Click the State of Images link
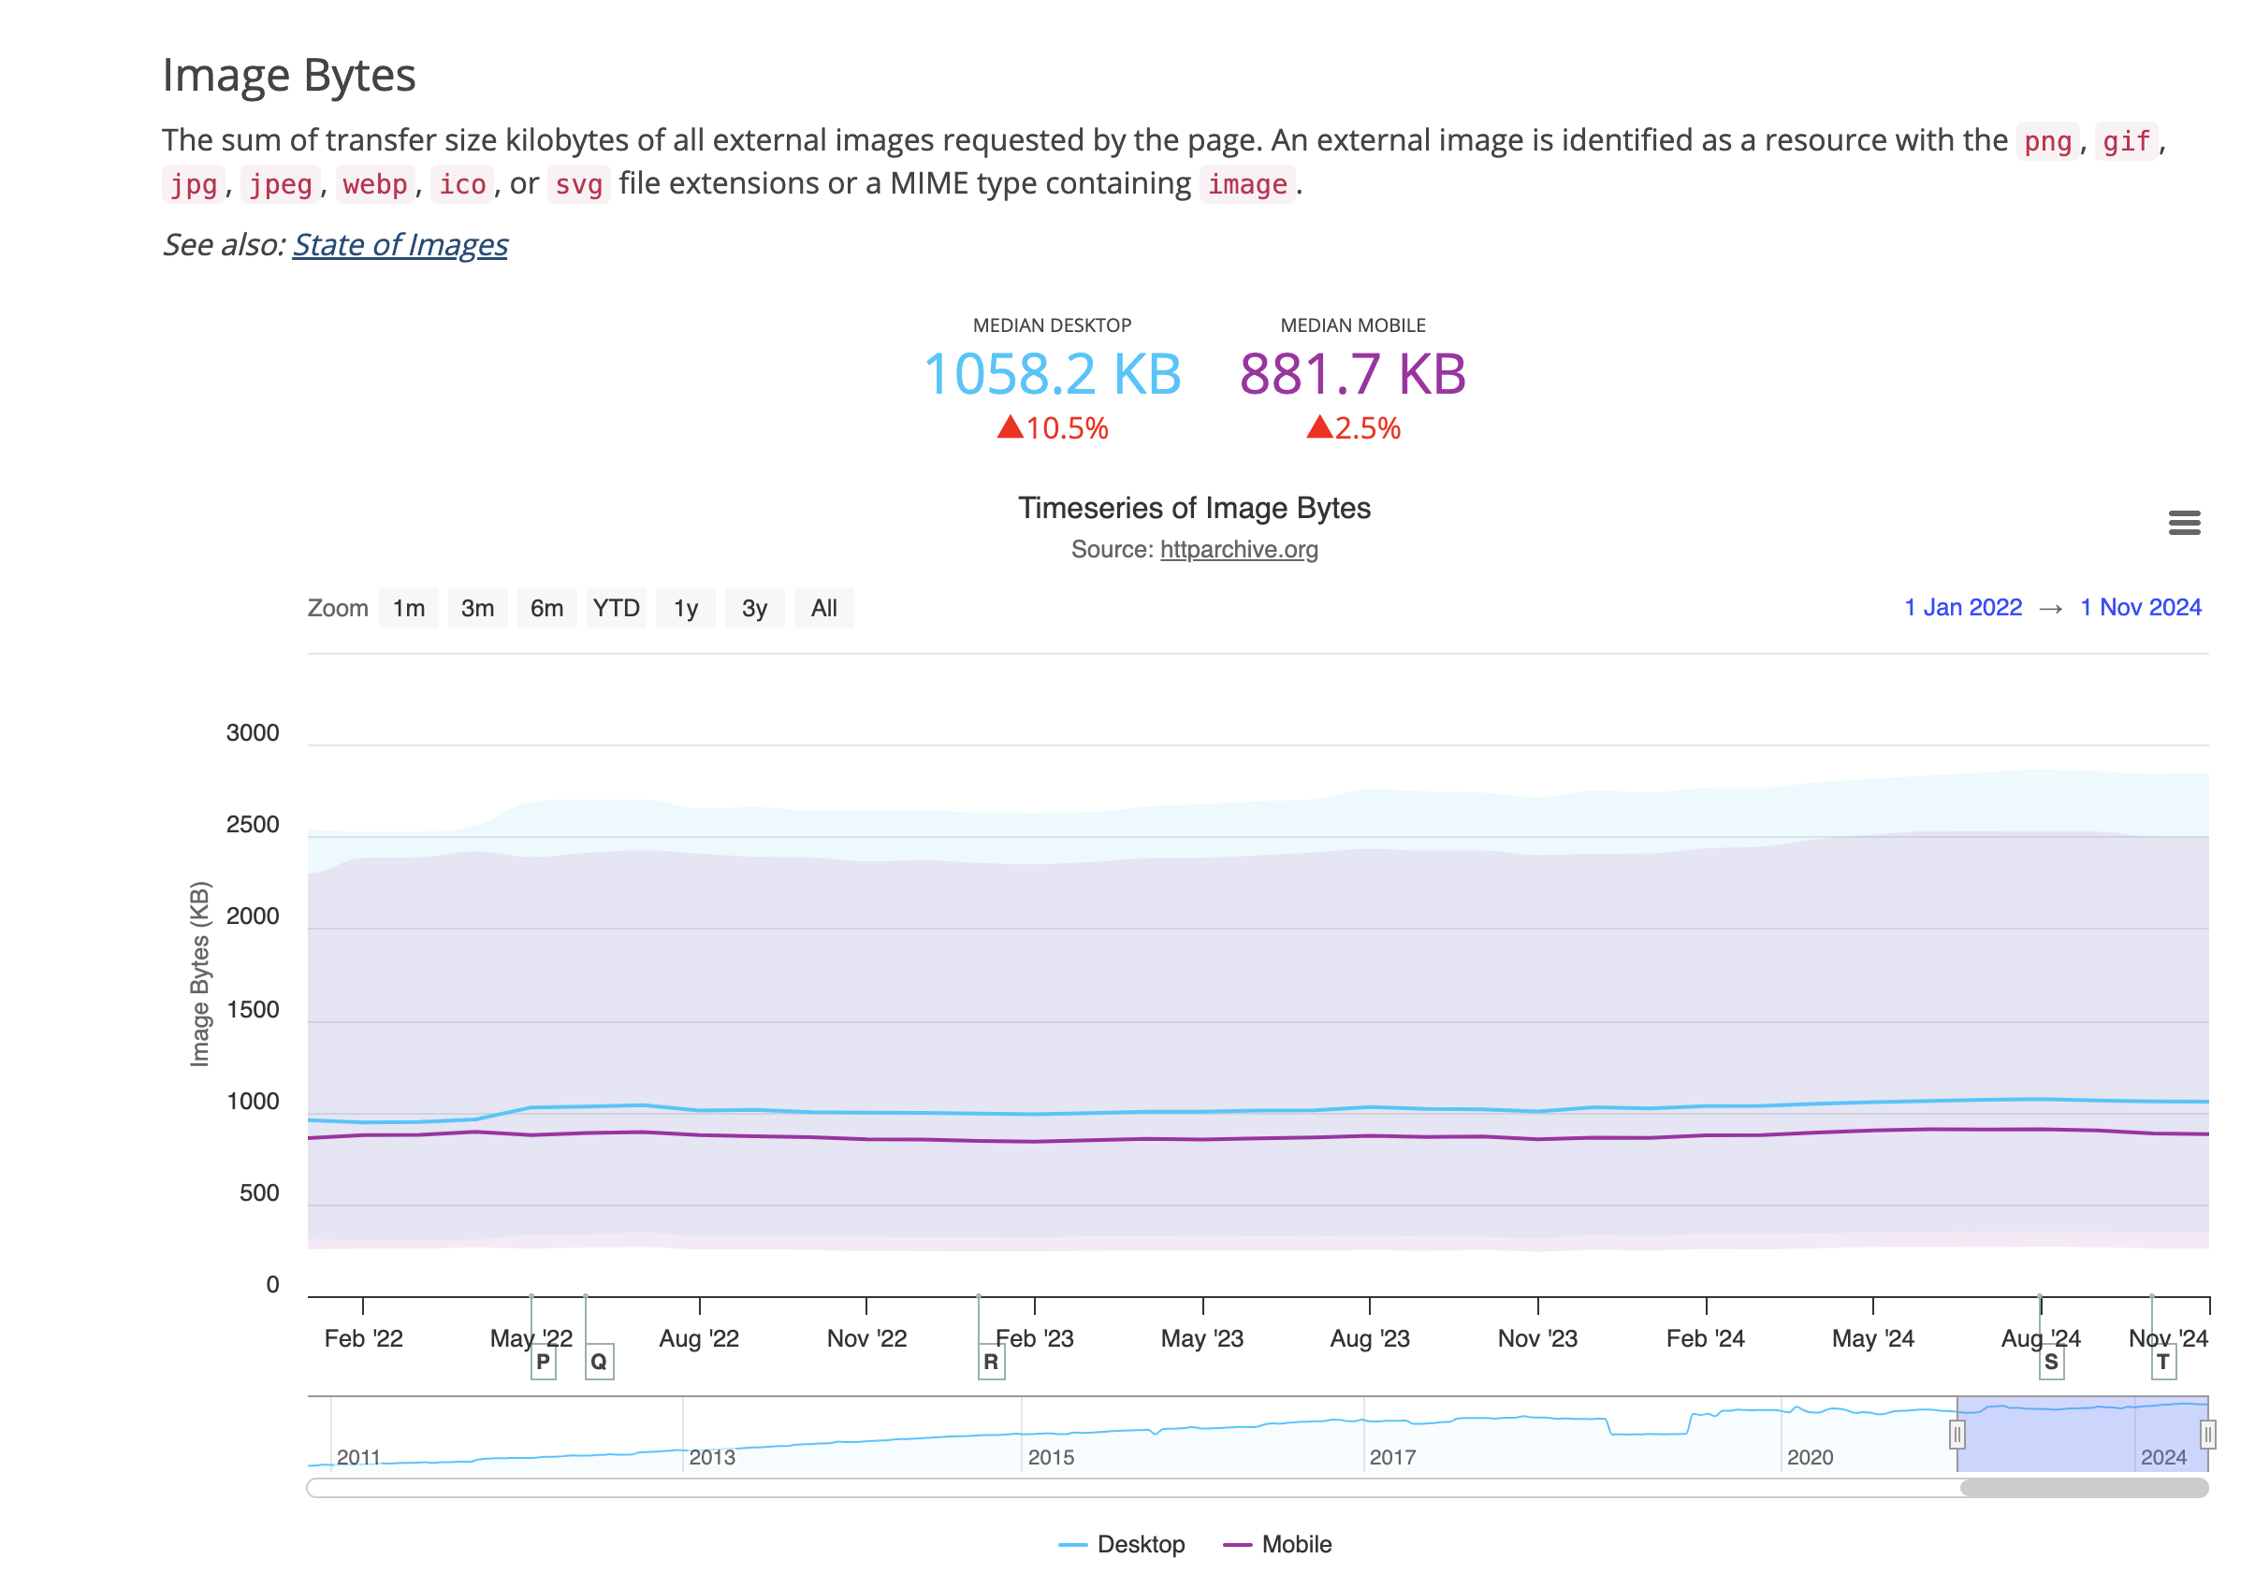click(400, 244)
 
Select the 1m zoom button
click(409, 609)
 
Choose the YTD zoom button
click(616, 609)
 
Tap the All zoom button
click(824, 609)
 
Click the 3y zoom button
click(754, 609)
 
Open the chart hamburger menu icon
click(2183, 524)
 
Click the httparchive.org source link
click(1239, 550)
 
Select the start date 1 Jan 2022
click(1962, 608)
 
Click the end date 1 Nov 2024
click(2140, 608)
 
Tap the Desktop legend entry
click(1140, 1545)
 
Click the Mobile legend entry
click(1295, 1545)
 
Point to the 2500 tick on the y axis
click(253, 825)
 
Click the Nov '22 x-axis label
click(866, 1339)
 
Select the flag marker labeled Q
click(599, 1362)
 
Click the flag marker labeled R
click(991, 1362)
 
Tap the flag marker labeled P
click(543, 1362)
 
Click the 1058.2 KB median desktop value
click(1052, 374)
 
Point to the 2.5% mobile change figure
click(1366, 429)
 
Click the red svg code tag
click(578, 184)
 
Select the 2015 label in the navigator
click(1051, 1457)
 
